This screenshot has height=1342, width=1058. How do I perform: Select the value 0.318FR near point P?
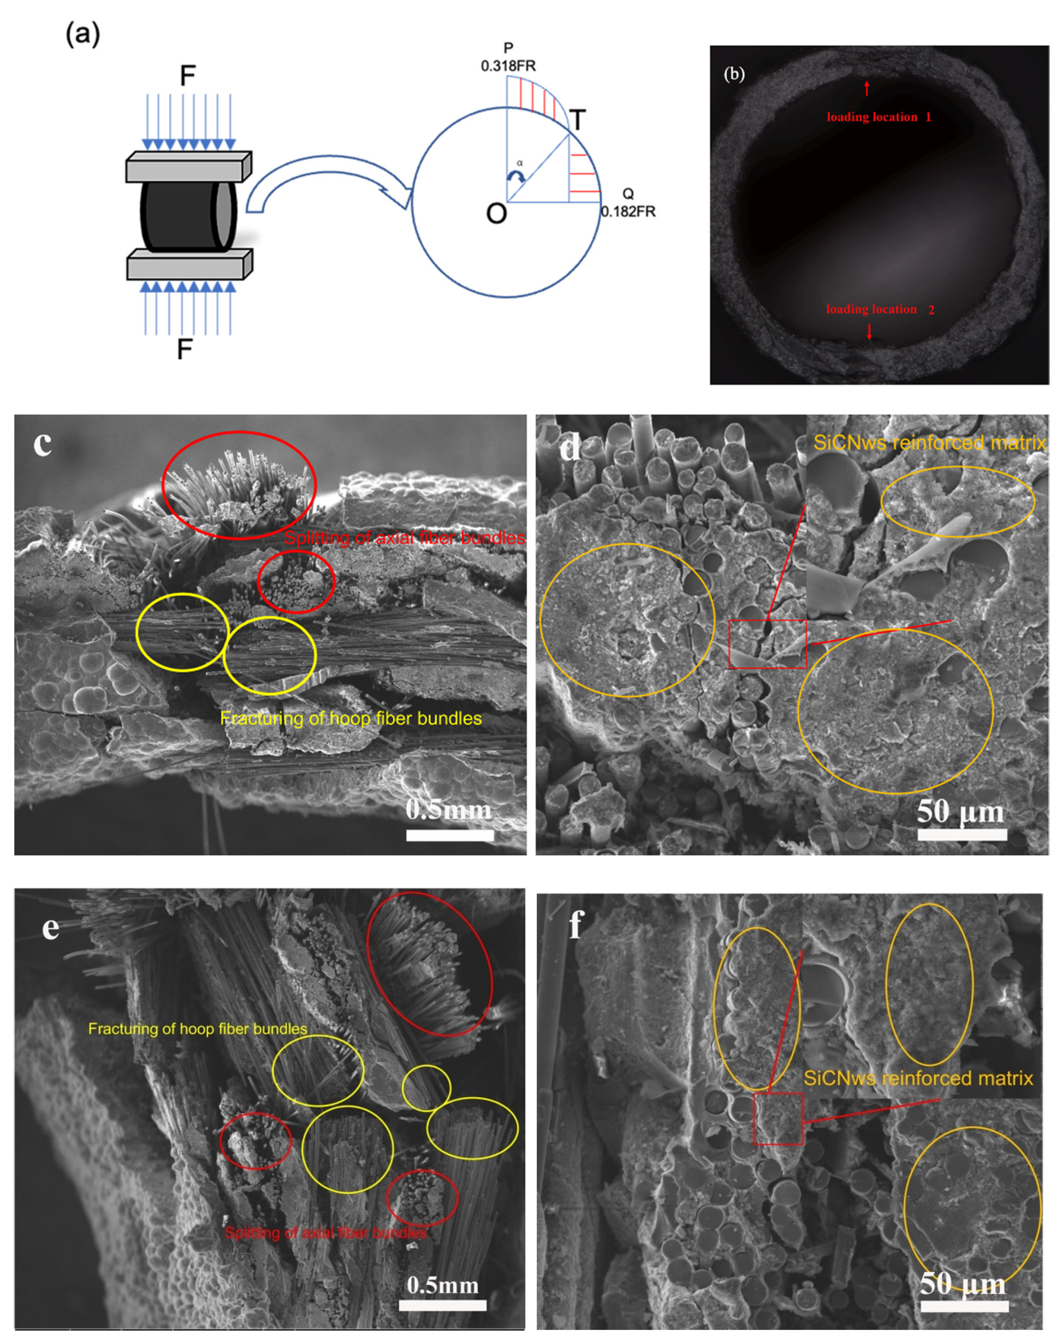tap(508, 66)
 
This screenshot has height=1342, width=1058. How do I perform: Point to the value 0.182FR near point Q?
tap(628, 212)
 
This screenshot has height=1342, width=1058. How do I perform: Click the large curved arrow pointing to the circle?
tap(328, 183)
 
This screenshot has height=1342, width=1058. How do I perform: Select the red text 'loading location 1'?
tap(878, 117)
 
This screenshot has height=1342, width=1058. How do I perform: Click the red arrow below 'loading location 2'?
tap(869, 332)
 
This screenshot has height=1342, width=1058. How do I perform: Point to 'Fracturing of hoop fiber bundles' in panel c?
tap(351, 718)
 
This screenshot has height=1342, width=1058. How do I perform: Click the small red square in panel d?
tap(768, 644)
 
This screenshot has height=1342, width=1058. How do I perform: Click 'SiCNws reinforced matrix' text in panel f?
tap(918, 1078)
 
